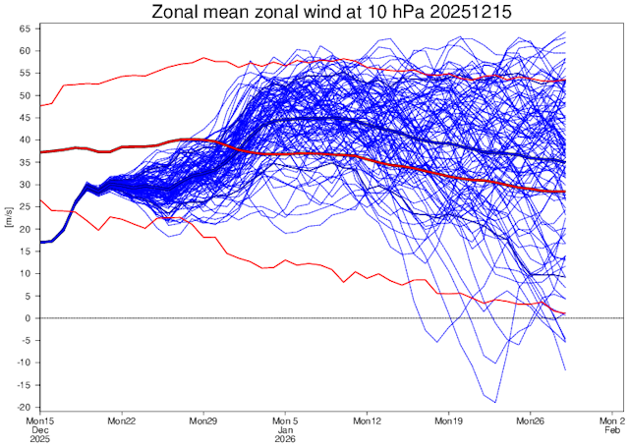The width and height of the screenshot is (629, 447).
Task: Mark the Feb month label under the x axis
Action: click(x=611, y=430)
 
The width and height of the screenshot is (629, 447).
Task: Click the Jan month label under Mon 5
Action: click(x=285, y=430)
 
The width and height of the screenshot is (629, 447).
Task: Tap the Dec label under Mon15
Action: click(x=40, y=430)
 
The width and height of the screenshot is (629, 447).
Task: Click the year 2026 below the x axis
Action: click(x=285, y=440)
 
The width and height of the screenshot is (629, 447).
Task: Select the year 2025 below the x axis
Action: click(x=40, y=440)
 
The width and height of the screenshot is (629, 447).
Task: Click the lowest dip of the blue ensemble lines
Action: click(x=494, y=402)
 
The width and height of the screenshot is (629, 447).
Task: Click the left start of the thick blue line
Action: click(x=41, y=242)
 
